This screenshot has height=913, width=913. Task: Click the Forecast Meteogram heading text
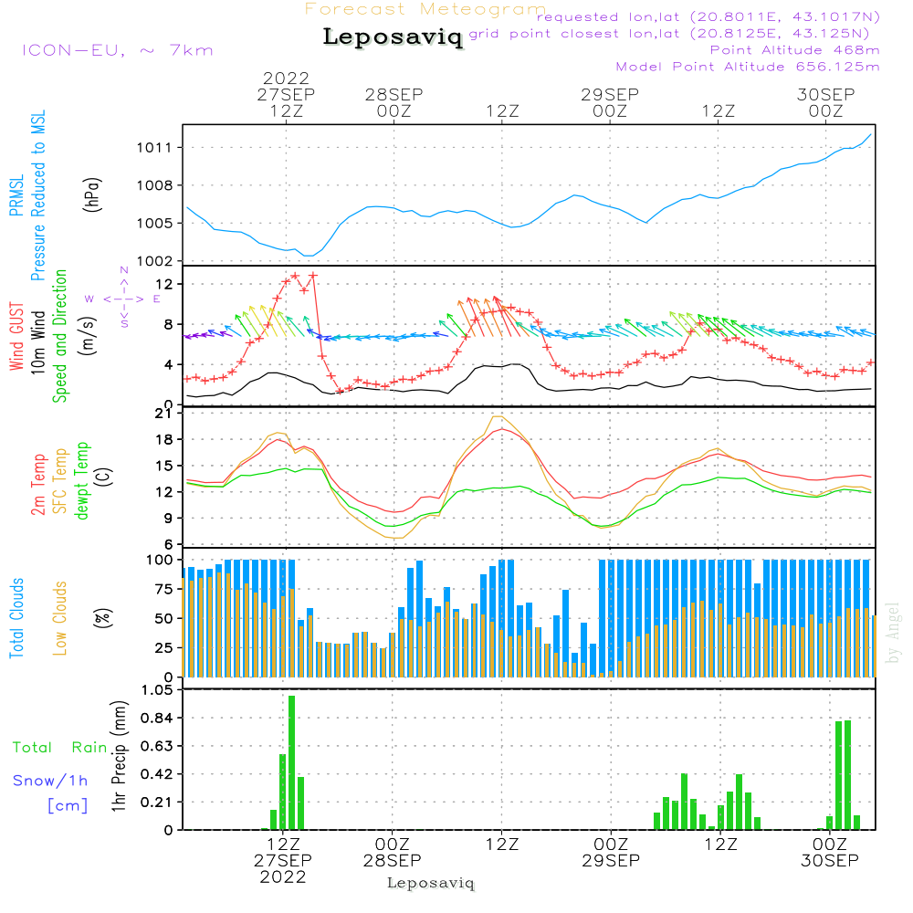point(425,9)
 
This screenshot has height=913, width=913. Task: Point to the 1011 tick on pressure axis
point(159,147)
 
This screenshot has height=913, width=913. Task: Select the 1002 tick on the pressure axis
point(159,261)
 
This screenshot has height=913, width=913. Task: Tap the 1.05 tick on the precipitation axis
point(157,690)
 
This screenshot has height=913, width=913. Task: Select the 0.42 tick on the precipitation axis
point(157,774)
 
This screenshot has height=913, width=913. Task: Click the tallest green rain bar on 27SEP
point(291,762)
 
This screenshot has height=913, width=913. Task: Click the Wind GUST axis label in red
point(16,337)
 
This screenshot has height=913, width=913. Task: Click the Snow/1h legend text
point(51,781)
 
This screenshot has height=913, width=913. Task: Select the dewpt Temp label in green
point(82,481)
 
